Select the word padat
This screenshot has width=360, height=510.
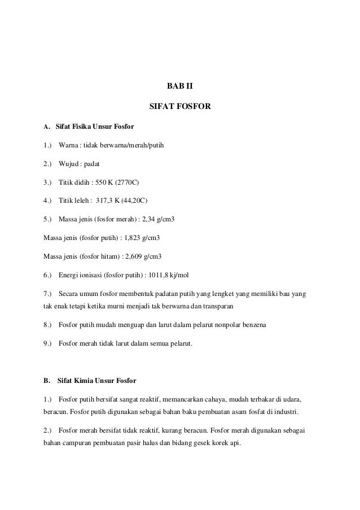[x=91, y=164]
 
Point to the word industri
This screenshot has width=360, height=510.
[x=286, y=411]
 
